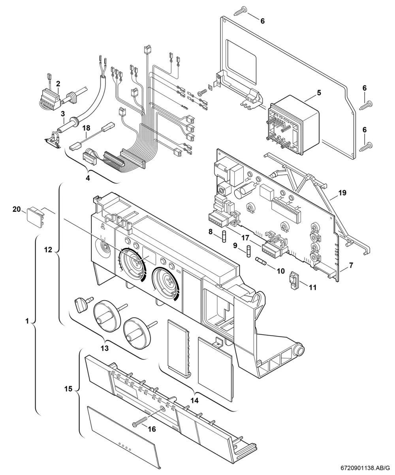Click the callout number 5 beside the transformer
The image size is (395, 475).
[x=319, y=93]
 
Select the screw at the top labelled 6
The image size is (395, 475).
[x=239, y=11]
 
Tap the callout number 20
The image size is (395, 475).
[x=17, y=209]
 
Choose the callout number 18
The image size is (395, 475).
[x=87, y=128]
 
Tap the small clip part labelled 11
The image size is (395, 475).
[x=293, y=281]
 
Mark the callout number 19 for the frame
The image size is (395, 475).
[x=342, y=193]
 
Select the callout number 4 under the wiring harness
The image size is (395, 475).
[x=88, y=178]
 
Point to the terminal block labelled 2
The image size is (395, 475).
[x=51, y=100]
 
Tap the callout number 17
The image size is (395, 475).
[x=245, y=238]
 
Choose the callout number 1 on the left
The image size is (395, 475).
[x=27, y=321]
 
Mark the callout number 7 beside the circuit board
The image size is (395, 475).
[x=351, y=265]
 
